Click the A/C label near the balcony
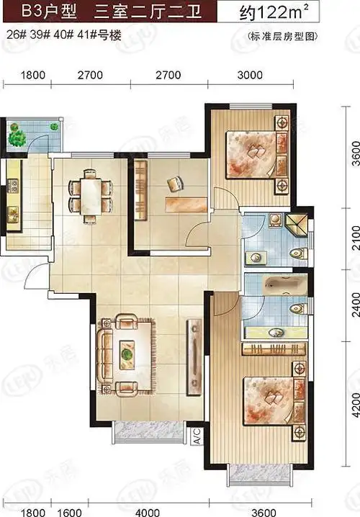[x=196, y=436]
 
